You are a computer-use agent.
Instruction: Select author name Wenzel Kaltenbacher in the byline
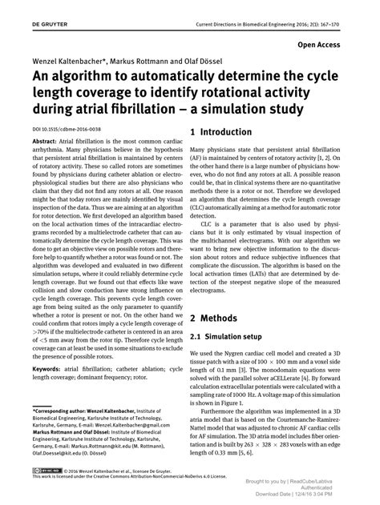point(55,61)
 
